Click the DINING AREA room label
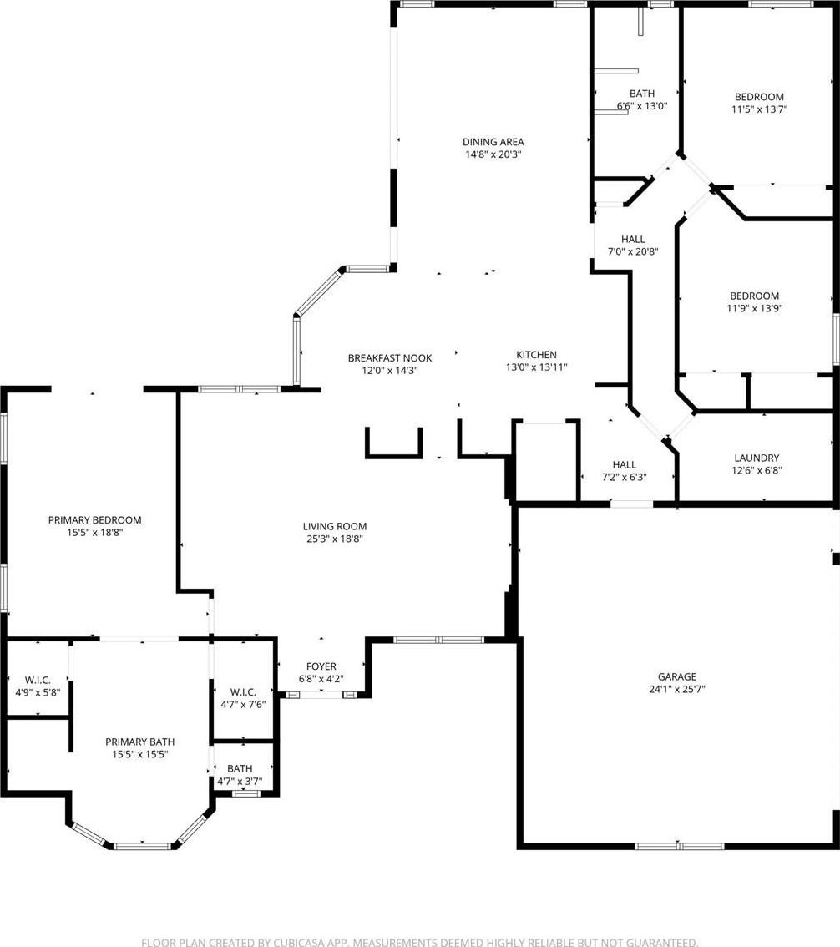[x=493, y=142]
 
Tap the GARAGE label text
[x=677, y=676]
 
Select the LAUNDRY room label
[x=757, y=458]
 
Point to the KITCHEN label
[x=536, y=355]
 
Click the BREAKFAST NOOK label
[x=389, y=358]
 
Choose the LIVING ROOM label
[x=335, y=526]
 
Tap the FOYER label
[x=321, y=666]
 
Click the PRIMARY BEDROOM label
[x=95, y=520]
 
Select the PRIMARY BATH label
[x=140, y=742]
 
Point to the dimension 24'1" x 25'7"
[x=677, y=689]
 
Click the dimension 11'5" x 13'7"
[x=759, y=109]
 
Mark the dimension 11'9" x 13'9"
[x=754, y=309]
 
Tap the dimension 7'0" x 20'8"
[x=633, y=252]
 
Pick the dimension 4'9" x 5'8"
[x=38, y=693]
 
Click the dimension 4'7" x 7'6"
[x=243, y=704]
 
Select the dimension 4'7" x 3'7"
[x=240, y=782]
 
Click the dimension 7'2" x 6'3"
[x=625, y=477]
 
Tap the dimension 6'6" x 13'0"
[x=642, y=106]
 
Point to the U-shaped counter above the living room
[x=393, y=455]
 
